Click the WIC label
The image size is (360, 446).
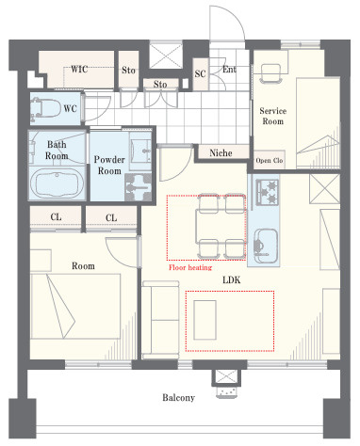coord(79,69)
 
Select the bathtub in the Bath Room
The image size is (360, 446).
coord(57,183)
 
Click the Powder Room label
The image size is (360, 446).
coord(109,166)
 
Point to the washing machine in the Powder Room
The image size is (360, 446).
coord(139,187)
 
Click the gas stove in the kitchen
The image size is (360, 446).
coord(268,192)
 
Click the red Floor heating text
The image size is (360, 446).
coord(190,267)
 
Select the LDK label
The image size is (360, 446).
coord(232,279)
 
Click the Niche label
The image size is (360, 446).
coord(221,153)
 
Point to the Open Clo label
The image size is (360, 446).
coord(270,161)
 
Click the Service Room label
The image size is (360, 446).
coord(273,116)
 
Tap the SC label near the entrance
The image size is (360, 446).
coord(200,73)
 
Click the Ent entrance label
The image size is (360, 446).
coord(229,70)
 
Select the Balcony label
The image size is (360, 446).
coord(178,398)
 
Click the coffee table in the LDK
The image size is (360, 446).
coord(205,320)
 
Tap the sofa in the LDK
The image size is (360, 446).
coord(160,320)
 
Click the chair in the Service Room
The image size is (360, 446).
coord(270,73)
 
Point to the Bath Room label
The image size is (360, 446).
coord(57,151)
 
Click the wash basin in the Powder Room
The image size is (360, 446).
coord(140,148)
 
